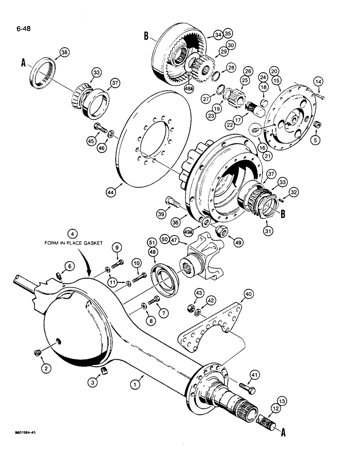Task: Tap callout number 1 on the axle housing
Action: pyautogui.click(x=135, y=384)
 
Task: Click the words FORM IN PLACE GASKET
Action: pyautogui.click(x=71, y=242)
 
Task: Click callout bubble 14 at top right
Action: pyautogui.click(x=318, y=82)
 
